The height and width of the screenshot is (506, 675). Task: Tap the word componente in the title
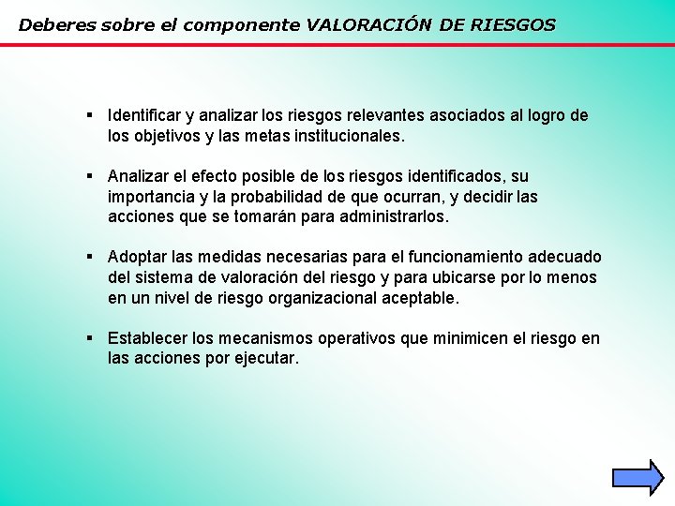pos(244,25)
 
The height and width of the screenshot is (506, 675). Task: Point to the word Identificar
pos(144,115)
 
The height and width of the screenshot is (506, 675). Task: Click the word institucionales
pos(348,136)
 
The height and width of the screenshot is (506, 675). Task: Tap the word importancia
pos(153,197)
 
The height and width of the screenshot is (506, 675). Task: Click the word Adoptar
pos(137,258)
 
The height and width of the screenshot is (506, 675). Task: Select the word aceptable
pos(421,299)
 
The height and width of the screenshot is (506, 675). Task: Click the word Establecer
pos(145,338)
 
